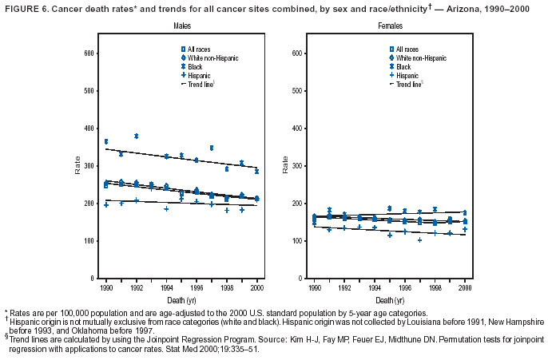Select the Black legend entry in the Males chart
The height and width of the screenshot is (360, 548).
click(195, 67)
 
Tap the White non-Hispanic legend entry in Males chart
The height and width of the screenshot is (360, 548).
click(209, 58)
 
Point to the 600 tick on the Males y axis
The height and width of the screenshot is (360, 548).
click(89, 53)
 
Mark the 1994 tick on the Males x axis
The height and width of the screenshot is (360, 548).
click(166, 286)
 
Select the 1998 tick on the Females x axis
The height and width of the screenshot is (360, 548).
click(435, 286)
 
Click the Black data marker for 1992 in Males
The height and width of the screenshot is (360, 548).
click(137, 136)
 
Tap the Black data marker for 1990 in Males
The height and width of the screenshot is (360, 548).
click(106, 141)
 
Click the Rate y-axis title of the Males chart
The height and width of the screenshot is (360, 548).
click(77, 166)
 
